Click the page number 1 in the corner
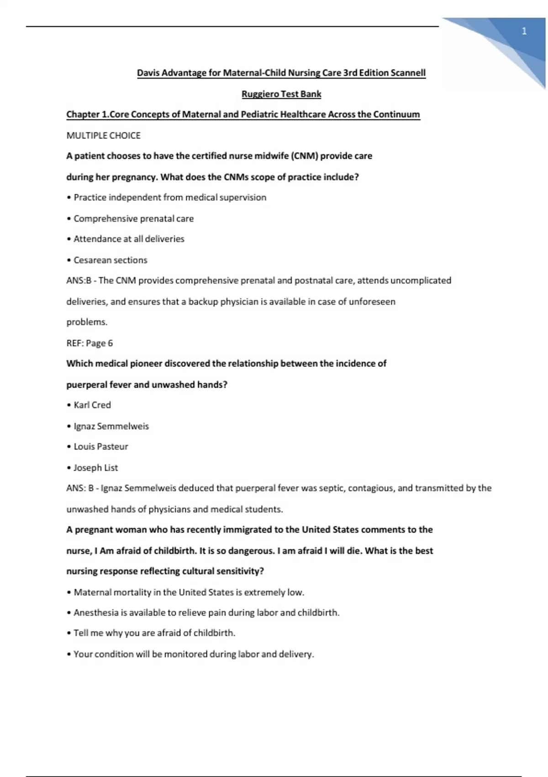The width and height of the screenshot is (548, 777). pos(524,31)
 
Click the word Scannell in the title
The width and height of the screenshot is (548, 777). pos(408,73)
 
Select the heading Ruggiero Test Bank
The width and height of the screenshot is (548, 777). pos(281,94)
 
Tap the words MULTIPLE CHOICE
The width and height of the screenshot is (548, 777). pos(104,136)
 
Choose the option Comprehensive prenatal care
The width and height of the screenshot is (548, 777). pos(133,219)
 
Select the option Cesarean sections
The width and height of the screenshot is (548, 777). pos(110,260)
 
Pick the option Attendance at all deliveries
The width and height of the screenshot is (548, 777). pos(129,239)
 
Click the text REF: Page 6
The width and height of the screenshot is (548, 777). pos(90,343)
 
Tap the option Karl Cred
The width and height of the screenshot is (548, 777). pos(92,405)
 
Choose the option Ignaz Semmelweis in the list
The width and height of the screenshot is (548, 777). pos(111,426)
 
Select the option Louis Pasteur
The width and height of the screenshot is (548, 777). pos(100,447)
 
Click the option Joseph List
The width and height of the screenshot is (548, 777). pos(95,468)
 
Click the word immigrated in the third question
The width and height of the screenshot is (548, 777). pos(247,530)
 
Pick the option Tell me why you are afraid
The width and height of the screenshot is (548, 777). pos(154,633)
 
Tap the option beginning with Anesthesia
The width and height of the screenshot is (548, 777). pos(206,612)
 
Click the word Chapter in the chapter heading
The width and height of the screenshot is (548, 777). pos(83,115)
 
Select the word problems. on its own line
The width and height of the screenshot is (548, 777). pos(87,322)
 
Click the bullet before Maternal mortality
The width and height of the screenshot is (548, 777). pos(69,593)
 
